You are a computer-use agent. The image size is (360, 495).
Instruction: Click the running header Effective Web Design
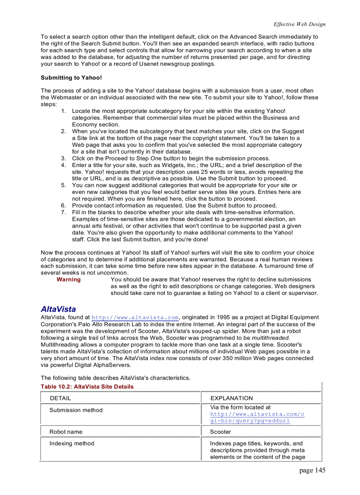tap(299, 24)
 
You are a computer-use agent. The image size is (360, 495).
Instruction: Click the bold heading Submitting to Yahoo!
tap(71, 78)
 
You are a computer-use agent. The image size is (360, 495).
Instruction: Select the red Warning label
tap(68, 279)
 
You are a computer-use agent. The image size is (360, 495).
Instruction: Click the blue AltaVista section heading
tap(58, 309)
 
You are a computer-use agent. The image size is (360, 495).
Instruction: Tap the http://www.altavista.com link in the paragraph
tap(135, 317)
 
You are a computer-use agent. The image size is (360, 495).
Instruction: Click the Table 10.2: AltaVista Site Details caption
tap(87, 387)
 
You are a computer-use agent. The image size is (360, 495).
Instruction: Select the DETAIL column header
tap(60, 398)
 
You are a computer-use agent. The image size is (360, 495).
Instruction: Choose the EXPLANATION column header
tap(231, 398)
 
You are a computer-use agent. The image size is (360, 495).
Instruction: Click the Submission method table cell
tap(76, 410)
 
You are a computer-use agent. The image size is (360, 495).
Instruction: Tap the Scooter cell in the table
tap(220, 432)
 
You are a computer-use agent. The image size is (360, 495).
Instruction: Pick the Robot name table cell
tap(66, 432)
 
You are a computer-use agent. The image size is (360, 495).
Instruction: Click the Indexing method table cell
tap(71, 443)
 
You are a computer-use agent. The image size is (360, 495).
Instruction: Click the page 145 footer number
tap(312, 470)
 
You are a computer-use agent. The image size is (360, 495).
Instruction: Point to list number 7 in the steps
tap(64, 212)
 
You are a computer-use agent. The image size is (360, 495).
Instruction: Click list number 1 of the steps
tap(64, 111)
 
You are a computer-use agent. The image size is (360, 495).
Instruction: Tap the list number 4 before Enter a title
tap(64, 165)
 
